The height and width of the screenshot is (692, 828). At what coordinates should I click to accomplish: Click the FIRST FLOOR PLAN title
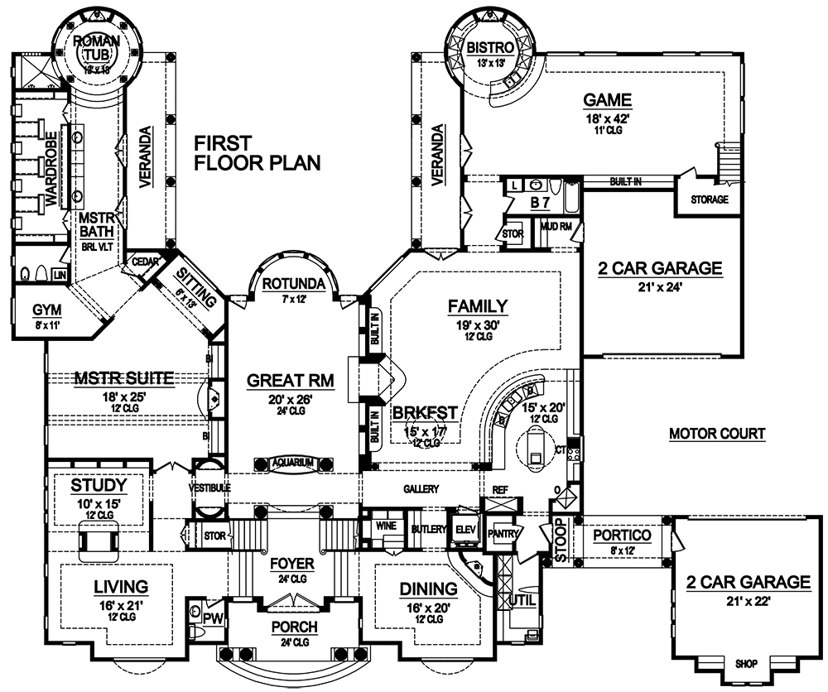click(x=257, y=153)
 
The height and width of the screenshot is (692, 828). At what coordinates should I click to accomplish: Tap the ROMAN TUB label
click(x=97, y=48)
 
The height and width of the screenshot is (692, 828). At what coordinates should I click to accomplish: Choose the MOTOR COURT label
click(x=717, y=434)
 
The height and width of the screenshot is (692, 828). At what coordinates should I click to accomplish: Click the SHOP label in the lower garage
click(x=746, y=663)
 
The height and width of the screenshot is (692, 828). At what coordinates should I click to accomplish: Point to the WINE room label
click(x=383, y=526)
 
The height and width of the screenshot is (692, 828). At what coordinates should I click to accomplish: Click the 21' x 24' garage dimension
click(x=659, y=287)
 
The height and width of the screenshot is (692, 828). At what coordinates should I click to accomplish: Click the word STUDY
click(x=99, y=484)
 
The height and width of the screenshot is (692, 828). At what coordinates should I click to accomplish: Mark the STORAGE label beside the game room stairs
click(x=709, y=199)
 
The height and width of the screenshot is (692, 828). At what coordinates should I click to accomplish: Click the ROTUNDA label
click(x=286, y=284)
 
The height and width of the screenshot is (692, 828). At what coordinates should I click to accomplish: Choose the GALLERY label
click(x=421, y=489)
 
